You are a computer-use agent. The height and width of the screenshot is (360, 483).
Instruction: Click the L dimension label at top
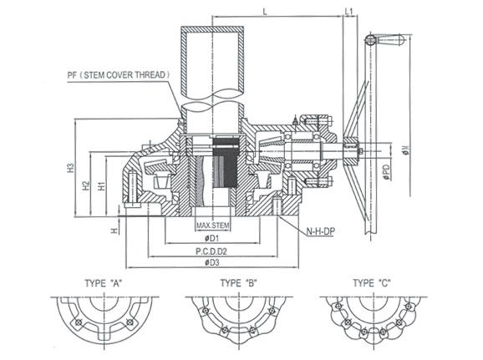pos(265,12)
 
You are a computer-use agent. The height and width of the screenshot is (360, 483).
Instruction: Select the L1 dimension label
pos(348,12)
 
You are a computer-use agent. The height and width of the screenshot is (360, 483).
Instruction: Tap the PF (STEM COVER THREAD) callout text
pos(119,75)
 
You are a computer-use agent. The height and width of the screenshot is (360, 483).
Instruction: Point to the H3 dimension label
pos(71,168)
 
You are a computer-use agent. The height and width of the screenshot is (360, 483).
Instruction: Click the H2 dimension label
pos(86,185)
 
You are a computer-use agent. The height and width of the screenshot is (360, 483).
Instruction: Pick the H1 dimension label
pos(102,186)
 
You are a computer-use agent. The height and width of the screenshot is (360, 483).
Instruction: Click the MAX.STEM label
pos(213,226)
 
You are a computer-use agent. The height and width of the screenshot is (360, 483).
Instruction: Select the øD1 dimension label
pos(211,238)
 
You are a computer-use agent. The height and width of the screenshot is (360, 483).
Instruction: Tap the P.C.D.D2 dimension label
pos(211,251)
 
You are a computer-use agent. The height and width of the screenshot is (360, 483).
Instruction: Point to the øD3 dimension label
pos(212,262)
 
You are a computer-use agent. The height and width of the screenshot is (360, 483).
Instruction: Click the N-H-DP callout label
pos(320,231)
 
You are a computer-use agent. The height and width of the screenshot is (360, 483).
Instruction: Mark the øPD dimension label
pos(387,172)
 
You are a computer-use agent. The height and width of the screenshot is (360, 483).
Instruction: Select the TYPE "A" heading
pos(104,283)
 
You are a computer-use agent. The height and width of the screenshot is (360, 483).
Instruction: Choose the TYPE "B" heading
pos(238,283)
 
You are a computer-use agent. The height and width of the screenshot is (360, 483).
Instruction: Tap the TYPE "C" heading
pos(372,283)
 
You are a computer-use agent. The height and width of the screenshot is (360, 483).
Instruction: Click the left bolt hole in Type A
pos(79,322)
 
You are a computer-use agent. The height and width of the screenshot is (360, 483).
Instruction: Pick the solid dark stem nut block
pos(226,162)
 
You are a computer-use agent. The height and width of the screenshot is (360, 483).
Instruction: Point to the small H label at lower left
pos(114,231)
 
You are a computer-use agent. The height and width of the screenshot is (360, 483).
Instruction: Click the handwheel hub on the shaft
pos(351,151)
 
